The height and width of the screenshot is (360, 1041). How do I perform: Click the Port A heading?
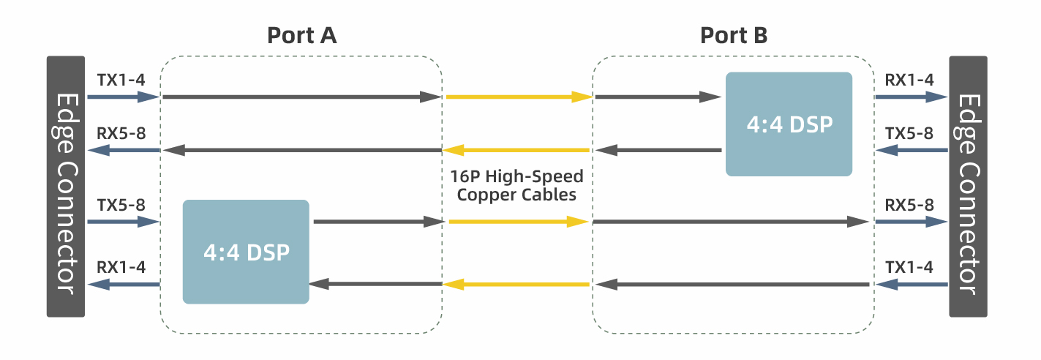point(301,35)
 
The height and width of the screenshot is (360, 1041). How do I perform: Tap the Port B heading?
point(734,35)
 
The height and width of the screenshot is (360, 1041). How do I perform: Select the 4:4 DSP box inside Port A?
point(246,252)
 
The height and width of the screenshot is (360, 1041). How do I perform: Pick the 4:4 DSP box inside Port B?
point(789,124)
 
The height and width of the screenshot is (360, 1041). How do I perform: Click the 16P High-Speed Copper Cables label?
point(516,186)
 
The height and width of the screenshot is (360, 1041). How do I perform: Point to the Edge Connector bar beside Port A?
point(66,187)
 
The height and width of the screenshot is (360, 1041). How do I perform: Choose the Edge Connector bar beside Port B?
point(968,187)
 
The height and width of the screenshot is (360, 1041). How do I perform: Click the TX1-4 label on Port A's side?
point(121,79)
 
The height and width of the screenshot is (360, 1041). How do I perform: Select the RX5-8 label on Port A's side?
point(121,133)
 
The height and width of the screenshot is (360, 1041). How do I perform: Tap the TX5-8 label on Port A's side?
point(121,204)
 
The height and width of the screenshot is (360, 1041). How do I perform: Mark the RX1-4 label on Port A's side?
point(121,267)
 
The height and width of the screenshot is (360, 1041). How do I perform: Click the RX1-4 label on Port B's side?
point(909,79)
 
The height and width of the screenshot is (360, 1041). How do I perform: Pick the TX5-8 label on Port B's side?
point(909,133)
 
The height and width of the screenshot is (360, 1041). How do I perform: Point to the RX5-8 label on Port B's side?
point(909,204)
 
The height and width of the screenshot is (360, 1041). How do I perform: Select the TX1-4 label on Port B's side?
point(909,267)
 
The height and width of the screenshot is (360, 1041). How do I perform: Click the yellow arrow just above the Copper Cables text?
point(516,151)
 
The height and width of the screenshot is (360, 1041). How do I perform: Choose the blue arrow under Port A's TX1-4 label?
point(123,97)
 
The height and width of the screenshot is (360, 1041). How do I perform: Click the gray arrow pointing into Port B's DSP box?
point(658,97)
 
